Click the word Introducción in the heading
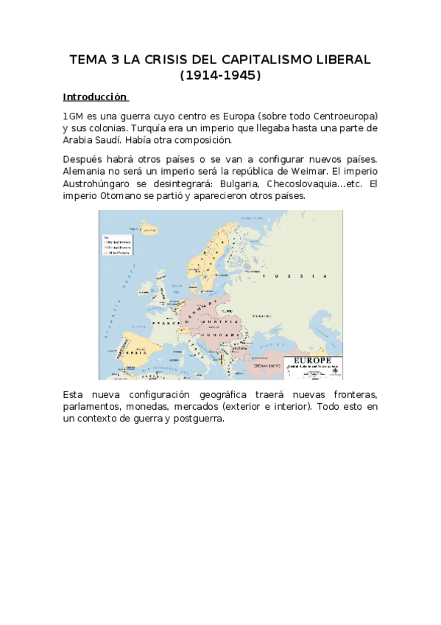click(x=95, y=97)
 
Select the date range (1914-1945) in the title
click(x=220, y=75)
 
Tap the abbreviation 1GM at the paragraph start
click(x=73, y=116)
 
